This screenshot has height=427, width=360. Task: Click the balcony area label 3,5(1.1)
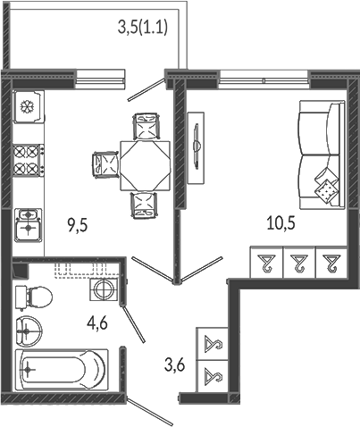pos(143,28)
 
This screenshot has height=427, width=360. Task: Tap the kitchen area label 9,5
pos(78,226)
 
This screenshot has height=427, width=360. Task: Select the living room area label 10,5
pos(281,223)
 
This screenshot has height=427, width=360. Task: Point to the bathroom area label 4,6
pos(97,323)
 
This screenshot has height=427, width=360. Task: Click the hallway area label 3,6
pos(175,364)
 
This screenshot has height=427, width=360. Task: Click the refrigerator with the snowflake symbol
pos(29,106)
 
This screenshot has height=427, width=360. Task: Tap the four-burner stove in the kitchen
pos(29,160)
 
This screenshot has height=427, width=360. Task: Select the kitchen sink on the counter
pos(28,224)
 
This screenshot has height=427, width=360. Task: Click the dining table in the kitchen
pos(146,165)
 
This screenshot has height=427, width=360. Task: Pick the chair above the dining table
pos(145,126)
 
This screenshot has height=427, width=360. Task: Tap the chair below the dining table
pos(144,205)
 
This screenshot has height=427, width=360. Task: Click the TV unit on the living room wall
pos(196,147)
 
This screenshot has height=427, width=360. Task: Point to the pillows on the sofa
pos(326,187)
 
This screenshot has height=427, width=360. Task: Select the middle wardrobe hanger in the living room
pos(298,263)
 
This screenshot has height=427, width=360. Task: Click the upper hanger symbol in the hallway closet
pos(213,343)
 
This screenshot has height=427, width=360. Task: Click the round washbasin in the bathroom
pos(29,331)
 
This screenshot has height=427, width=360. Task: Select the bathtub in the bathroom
pos(62,369)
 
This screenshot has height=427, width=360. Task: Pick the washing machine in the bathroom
pos(104,289)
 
